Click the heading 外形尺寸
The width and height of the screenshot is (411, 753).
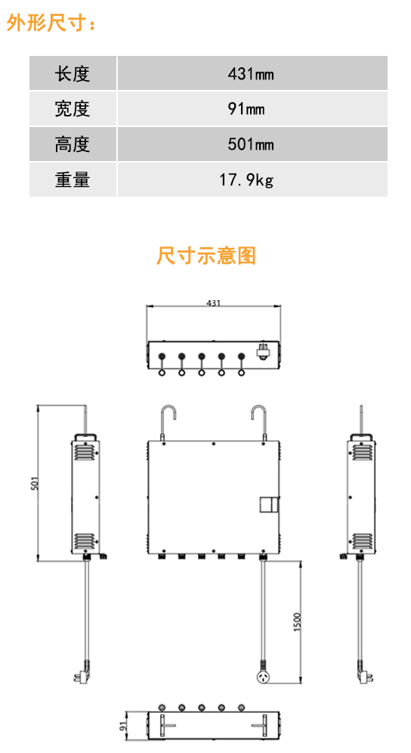[x=51, y=23]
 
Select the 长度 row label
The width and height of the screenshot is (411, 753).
[x=72, y=74]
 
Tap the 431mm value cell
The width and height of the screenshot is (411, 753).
[x=251, y=74]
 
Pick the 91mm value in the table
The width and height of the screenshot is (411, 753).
[x=246, y=109]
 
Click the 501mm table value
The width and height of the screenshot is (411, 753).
[x=251, y=144]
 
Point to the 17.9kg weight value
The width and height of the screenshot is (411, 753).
[x=246, y=180]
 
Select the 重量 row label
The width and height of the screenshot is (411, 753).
[x=72, y=180]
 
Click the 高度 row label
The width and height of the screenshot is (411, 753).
[x=72, y=144]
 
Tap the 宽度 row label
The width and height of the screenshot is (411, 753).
[x=72, y=109]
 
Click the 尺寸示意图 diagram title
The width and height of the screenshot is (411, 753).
[x=206, y=256]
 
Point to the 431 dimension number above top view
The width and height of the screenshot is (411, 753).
[x=213, y=303]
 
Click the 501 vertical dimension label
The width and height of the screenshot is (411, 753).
[x=34, y=482]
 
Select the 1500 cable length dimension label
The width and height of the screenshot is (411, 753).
[x=297, y=622]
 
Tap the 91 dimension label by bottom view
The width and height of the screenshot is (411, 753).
[x=122, y=725]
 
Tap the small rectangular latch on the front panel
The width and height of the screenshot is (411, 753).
[x=269, y=504]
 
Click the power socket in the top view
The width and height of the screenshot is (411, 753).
[x=264, y=352]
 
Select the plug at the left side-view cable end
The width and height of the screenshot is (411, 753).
[x=82, y=671]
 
